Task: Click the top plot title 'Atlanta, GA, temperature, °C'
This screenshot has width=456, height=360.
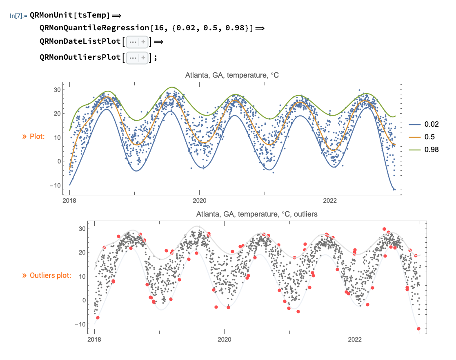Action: click(x=232, y=75)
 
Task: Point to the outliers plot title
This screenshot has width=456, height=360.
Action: click(x=256, y=214)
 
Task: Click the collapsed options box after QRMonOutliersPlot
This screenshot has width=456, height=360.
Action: click(x=137, y=58)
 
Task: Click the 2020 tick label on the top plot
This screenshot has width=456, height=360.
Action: click(x=199, y=201)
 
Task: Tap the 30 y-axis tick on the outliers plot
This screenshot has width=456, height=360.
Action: click(x=81, y=228)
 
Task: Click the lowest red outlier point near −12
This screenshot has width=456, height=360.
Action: click(x=418, y=329)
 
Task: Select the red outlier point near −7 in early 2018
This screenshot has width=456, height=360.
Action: click(x=98, y=318)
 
